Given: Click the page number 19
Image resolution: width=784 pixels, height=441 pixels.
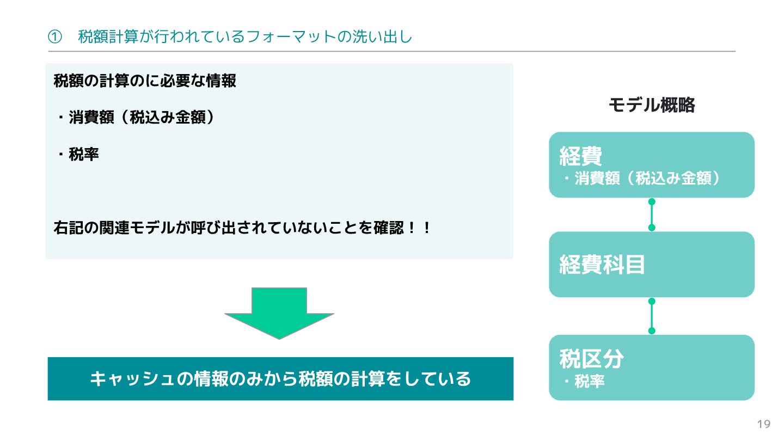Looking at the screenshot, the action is [x=764, y=424].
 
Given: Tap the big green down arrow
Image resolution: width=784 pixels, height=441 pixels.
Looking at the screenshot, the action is [x=279, y=313].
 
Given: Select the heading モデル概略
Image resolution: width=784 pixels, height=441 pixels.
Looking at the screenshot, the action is [x=652, y=105].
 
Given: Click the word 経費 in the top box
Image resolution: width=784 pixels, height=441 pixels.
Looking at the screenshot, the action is [x=581, y=156].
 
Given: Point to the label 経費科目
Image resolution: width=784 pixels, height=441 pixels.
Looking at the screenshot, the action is [x=602, y=265].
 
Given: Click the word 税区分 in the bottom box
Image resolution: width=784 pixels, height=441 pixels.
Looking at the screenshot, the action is [x=591, y=359].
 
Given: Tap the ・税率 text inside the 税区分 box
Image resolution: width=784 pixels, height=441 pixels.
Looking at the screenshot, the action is [x=585, y=382].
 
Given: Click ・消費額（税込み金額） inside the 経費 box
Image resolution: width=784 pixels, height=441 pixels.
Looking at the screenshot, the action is [x=642, y=179].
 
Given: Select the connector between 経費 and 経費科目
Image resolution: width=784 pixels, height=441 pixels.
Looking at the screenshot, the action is [x=652, y=215].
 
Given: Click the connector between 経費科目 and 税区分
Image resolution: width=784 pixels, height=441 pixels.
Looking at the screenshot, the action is [x=652, y=316].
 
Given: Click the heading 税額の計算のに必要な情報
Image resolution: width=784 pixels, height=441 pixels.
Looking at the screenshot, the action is [x=145, y=81].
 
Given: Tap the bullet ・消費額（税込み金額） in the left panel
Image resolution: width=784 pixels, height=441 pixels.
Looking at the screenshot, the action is [x=136, y=118].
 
